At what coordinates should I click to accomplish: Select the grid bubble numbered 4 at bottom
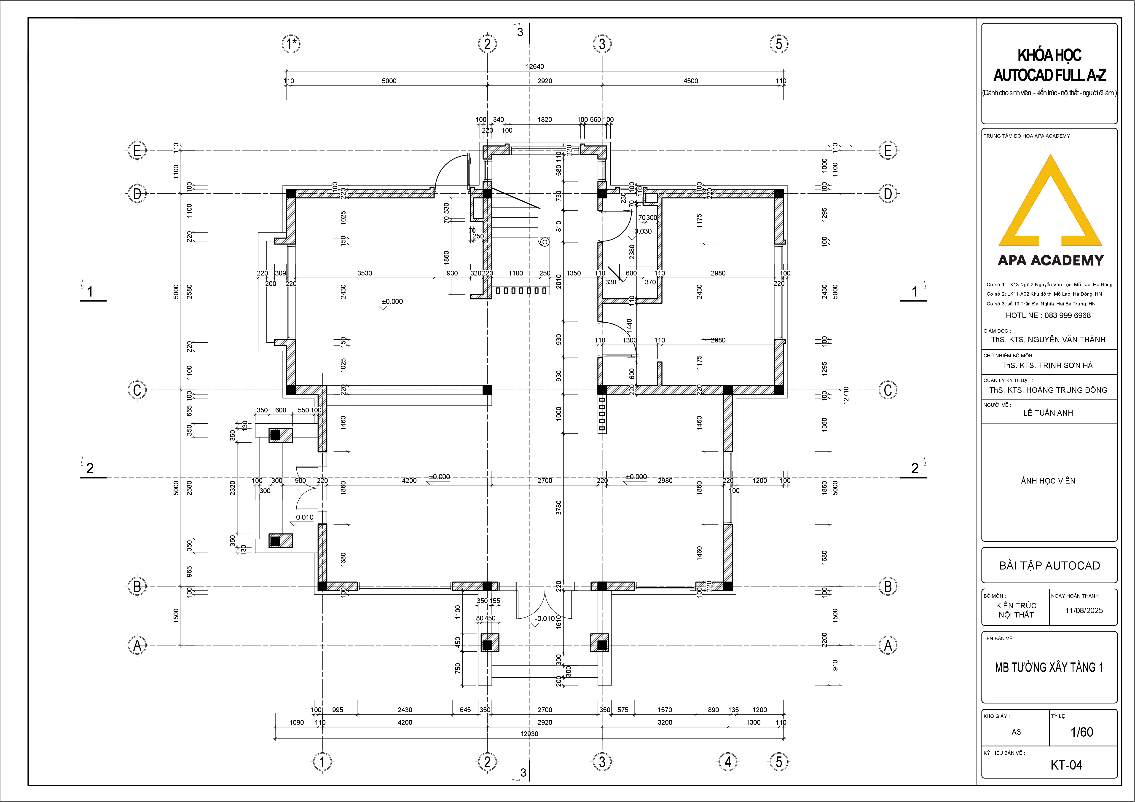[728, 762]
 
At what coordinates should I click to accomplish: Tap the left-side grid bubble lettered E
[137, 150]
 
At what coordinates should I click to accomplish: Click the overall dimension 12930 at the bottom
[529, 734]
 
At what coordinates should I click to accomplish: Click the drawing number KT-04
[1066, 765]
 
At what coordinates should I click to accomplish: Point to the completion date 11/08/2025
[1084, 610]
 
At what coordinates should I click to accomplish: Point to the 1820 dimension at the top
[545, 120]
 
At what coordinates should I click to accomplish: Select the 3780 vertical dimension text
[559, 508]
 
